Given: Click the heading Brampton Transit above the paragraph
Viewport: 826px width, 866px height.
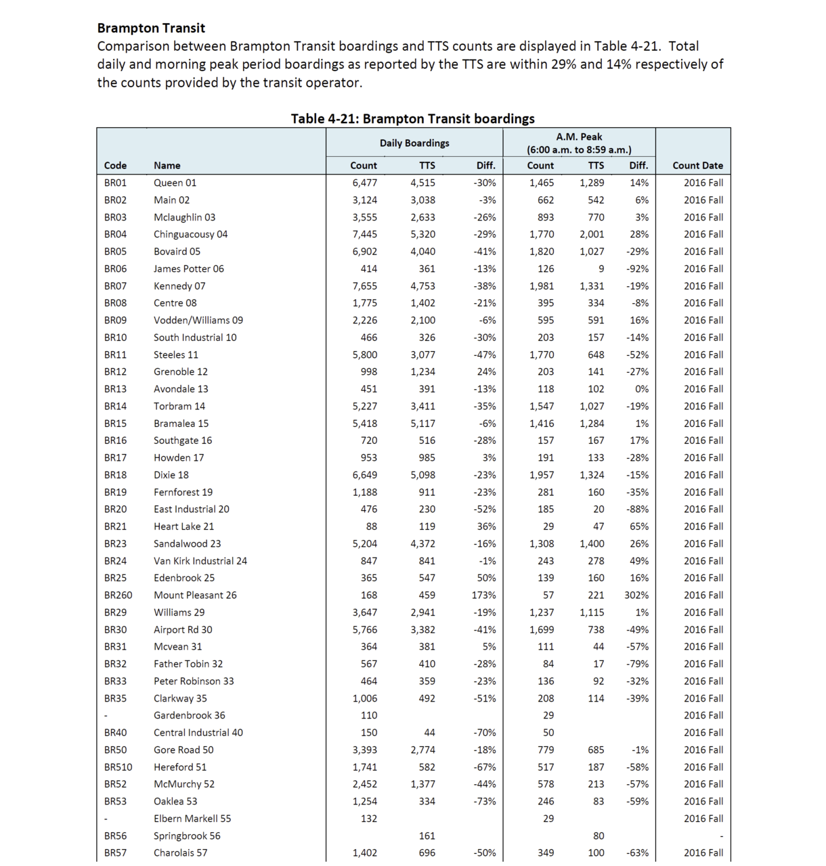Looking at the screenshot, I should click(x=151, y=28).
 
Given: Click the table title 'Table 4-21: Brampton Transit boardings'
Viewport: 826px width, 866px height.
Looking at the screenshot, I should click(x=412, y=118).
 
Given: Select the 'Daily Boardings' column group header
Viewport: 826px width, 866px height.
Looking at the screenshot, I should click(x=414, y=143).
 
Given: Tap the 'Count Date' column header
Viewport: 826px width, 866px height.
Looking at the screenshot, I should click(x=697, y=165).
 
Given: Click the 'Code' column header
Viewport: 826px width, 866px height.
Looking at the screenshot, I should click(x=115, y=165).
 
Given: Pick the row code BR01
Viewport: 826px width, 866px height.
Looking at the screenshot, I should click(x=115, y=183).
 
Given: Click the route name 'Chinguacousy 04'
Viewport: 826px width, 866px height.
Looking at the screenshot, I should click(x=190, y=234).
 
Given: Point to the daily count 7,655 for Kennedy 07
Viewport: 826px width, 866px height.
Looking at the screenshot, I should click(x=364, y=286).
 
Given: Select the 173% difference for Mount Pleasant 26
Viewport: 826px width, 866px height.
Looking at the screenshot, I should click(x=483, y=595).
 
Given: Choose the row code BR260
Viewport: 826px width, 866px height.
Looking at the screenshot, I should click(x=118, y=595).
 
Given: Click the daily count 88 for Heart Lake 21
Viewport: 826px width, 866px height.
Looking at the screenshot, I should click(x=371, y=526).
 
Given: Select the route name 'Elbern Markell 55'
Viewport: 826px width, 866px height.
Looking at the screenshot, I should click(x=192, y=819).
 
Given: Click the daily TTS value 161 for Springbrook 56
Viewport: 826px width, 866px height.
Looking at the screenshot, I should click(x=427, y=836).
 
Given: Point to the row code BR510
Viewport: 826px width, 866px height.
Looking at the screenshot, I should click(x=118, y=767).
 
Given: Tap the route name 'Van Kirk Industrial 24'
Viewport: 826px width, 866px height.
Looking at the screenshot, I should click(x=200, y=561).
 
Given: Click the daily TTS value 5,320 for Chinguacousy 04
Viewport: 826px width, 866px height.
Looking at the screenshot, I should click(x=422, y=234).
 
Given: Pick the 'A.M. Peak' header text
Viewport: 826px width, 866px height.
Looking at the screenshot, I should click(x=579, y=137).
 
